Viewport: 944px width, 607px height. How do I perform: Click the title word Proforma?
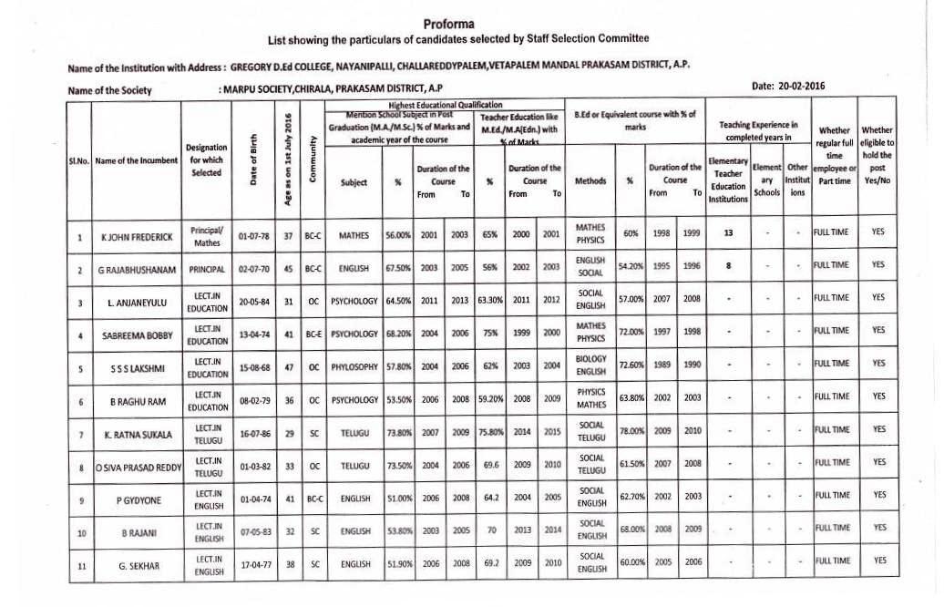[449, 23]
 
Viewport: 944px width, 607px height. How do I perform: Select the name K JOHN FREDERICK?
[137, 237]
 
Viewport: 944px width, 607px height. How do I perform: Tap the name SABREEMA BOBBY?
[137, 334]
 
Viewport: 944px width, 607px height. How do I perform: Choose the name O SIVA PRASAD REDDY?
[137, 468]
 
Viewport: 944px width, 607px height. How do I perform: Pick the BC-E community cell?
[313, 334]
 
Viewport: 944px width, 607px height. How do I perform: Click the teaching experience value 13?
[727, 232]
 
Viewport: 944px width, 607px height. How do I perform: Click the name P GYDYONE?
[137, 500]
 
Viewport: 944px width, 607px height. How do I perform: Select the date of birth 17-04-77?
[255, 564]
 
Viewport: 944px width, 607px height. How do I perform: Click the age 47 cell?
[289, 367]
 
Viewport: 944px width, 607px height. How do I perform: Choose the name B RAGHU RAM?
[137, 401]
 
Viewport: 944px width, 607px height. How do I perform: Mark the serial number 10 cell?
[81, 533]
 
